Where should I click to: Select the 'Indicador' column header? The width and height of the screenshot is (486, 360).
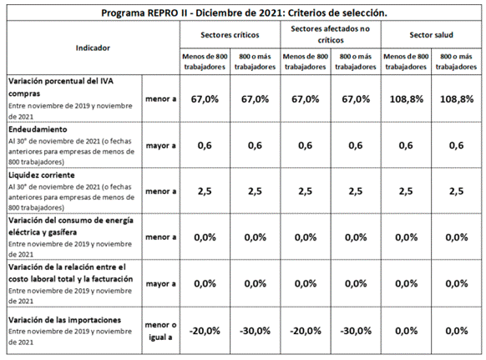[x=93, y=48]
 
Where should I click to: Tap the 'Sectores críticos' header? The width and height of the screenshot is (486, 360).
[x=230, y=35]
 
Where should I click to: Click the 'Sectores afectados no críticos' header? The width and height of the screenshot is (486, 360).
[x=331, y=34]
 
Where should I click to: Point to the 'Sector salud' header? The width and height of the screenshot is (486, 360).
[x=431, y=35]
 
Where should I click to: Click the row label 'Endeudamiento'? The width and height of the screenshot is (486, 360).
[x=38, y=129]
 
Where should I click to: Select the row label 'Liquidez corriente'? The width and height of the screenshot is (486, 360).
[x=42, y=175]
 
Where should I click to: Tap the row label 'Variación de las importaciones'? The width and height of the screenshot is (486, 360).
[x=65, y=320]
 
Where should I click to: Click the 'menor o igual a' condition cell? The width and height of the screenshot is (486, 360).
[x=160, y=331]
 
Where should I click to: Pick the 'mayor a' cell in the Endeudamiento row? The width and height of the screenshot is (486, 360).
[x=160, y=145]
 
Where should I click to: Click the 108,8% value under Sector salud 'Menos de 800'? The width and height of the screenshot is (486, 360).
[x=407, y=99]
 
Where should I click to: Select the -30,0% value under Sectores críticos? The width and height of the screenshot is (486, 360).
[x=255, y=331]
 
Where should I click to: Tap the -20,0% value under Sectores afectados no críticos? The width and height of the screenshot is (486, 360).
[x=306, y=331]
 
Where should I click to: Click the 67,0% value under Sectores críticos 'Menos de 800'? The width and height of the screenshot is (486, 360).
[x=205, y=99]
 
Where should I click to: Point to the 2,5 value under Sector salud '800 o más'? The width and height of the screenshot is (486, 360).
[x=457, y=191]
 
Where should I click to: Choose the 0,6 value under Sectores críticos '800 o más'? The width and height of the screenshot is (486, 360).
[x=255, y=145]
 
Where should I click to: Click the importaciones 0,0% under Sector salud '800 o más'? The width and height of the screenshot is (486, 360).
[x=457, y=331]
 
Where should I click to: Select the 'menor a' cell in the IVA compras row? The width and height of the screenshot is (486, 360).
[x=160, y=99]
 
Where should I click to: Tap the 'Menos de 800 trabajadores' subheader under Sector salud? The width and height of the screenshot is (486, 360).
[x=406, y=62]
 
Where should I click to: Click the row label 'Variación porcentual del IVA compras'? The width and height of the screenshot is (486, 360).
[x=61, y=87]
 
